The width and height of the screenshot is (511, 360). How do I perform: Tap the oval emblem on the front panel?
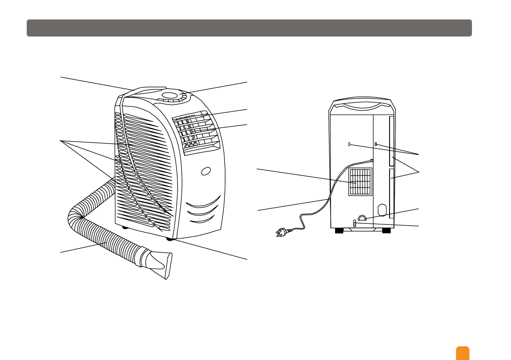[x=206, y=171]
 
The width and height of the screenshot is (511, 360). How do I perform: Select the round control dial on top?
[x=171, y=96]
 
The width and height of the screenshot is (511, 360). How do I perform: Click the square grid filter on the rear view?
[x=360, y=182]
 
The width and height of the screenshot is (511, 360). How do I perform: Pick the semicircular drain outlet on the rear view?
[x=362, y=218]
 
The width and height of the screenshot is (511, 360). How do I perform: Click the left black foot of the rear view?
[x=339, y=231]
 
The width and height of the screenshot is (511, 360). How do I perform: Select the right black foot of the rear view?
[x=386, y=231]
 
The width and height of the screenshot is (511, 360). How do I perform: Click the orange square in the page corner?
[x=463, y=353]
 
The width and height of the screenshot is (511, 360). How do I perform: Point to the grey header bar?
[x=249, y=28]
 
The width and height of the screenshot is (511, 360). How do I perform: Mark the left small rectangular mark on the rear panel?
[x=350, y=144]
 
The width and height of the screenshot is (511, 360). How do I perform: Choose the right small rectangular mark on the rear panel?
[x=376, y=144]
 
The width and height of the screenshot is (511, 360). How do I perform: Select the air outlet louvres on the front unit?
[x=195, y=131]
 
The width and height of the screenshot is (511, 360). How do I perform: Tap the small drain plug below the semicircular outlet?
[x=354, y=224]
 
